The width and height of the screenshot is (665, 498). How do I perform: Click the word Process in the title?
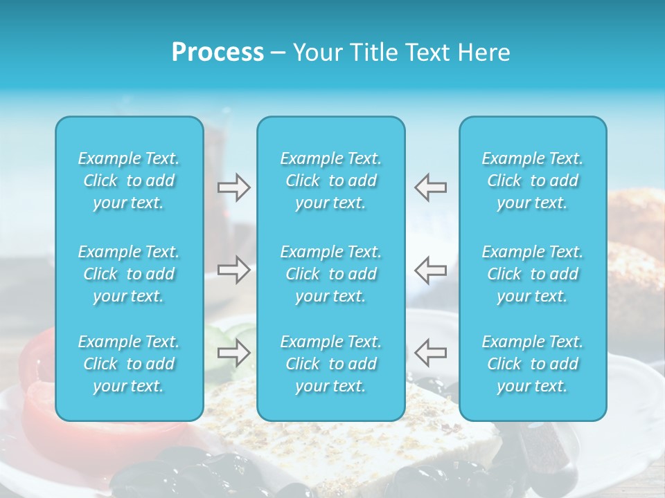[218, 53]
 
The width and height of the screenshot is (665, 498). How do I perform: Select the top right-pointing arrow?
[233, 187]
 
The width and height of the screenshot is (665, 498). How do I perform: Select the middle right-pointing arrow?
[233, 270]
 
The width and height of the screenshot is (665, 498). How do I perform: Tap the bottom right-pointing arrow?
[233, 353]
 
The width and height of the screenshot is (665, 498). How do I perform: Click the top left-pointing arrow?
[431, 187]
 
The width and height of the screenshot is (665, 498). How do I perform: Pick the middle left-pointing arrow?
[431, 270]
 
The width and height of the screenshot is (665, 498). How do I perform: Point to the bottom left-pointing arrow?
[431, 353]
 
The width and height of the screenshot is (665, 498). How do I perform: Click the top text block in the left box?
[129, 181]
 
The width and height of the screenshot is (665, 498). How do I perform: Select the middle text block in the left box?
[129, 274]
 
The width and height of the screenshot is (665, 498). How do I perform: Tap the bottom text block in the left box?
[129, 364]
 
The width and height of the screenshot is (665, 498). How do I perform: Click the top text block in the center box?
[331, 181]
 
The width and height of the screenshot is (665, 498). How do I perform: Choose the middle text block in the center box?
[331, 274]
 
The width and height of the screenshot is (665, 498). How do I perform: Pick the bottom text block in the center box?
[331, 364]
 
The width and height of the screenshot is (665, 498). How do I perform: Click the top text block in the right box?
[533, 181]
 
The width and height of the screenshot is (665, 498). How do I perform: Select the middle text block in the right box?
[533, 274]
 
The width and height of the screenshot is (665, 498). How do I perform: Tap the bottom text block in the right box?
[533, 364]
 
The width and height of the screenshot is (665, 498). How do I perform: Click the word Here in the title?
[484, 53]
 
